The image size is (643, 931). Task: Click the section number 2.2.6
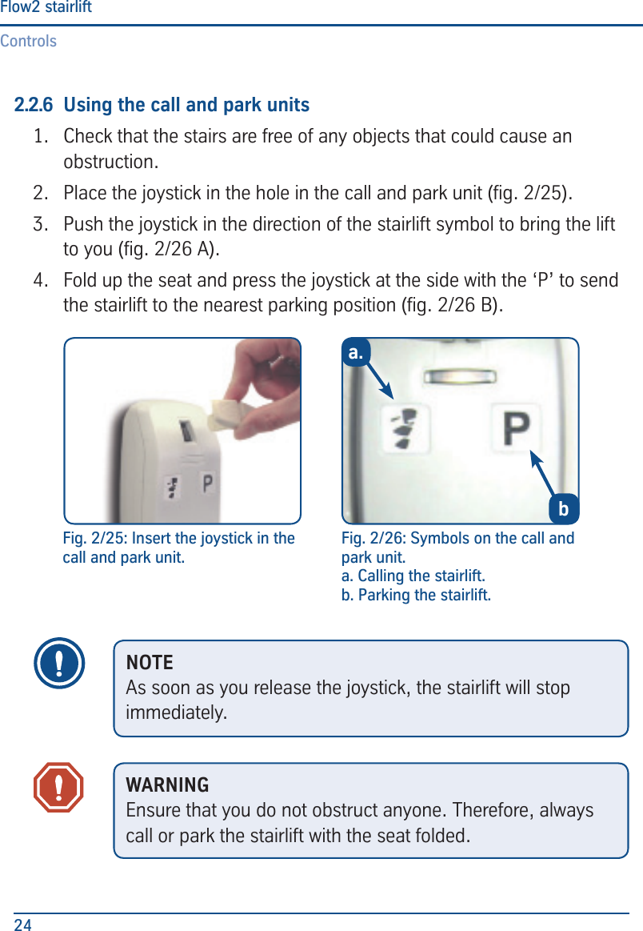click(34, 105)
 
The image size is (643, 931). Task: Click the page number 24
click(23, 925)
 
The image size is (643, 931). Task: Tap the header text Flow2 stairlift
click(46, 8)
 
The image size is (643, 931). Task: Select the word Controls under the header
click(29, 41)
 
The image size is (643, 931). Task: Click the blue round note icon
click(60, 664)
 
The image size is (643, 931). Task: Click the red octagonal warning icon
click(58, 787)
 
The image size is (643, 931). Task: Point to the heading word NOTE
click(150, 663)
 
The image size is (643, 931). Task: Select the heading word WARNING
click(168, 785)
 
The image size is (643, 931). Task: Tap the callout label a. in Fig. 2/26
click(356, 351)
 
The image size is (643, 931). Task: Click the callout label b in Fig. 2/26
click(563, 509)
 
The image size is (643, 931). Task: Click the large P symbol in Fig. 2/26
click(514, 430)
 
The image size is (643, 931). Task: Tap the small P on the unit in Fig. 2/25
click(208, 484)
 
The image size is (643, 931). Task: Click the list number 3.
click(39, 223)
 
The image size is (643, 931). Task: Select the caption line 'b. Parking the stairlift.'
click(416, 596)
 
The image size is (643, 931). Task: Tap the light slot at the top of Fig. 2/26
click(457, 376)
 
